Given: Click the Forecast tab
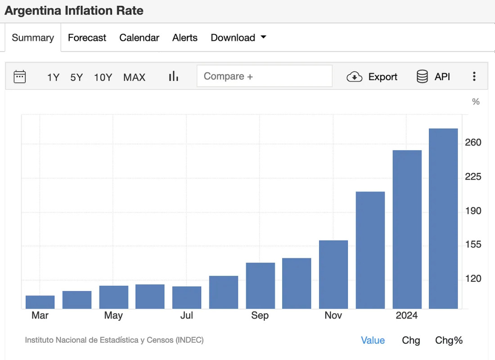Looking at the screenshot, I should pos(87,38).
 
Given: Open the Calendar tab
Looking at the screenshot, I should pos(139,38).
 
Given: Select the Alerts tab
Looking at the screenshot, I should pos(184,38).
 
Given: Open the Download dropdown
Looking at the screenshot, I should pos(238,38).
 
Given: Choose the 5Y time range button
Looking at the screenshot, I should pos(76,77).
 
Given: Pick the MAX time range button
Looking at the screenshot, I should pos(134,77).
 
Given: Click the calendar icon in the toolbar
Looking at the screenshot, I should pos(20,76).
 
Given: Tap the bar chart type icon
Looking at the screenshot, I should pos(174,76).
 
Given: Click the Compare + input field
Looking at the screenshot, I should pos(264,76).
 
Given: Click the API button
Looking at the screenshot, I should pos(433,76).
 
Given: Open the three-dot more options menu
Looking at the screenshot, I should pos(474,76).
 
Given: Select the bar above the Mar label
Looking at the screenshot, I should pos(40,302).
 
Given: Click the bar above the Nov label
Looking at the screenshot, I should pos(333,274).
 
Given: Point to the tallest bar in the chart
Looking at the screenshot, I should pos(443,219).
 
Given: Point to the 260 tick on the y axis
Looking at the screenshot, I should pos(473,143).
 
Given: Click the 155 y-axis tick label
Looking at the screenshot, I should pos(473,245).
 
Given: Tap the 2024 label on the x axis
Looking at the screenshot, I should pos(407,315).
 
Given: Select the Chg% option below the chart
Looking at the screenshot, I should pos(449,340).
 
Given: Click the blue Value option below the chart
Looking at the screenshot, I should pos(373,340).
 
